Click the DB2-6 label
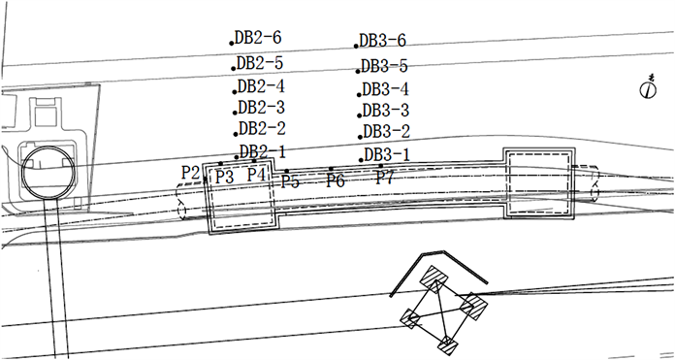(258, 38)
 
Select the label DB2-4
(261, 86)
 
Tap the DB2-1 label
(263, 151)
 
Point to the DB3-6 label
(382, 41)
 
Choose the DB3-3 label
(386, 111)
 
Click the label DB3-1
(387, 154)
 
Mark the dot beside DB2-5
(234, 69)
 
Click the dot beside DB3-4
(359, 95)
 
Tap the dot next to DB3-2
(360, 137)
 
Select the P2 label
(191, 173)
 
